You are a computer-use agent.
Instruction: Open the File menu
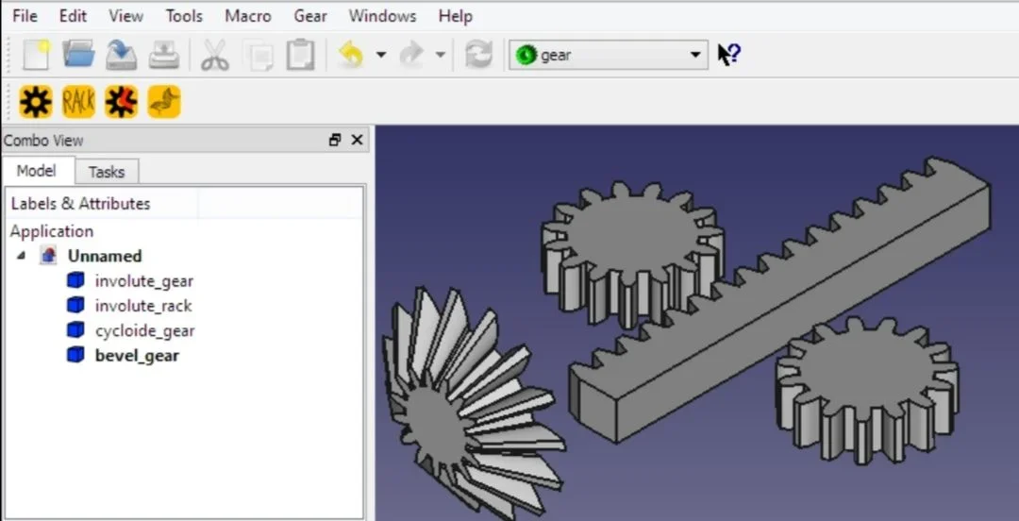[x=25, y=16]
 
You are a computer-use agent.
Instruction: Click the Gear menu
[x=310, y=16]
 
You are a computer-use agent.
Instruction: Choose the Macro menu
[x=247, y=16]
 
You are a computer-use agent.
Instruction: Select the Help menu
[x=455, y=16]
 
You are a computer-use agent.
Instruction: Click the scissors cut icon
[x=214, y=55]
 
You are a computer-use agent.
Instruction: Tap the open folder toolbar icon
[x=78, y=54]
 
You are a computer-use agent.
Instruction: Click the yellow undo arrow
[x=351, y=55]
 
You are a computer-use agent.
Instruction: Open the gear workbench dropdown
[x=609, y=56]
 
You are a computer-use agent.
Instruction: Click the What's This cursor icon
[x=729, y=55]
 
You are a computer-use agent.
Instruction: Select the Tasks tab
[x=106, y=172]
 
